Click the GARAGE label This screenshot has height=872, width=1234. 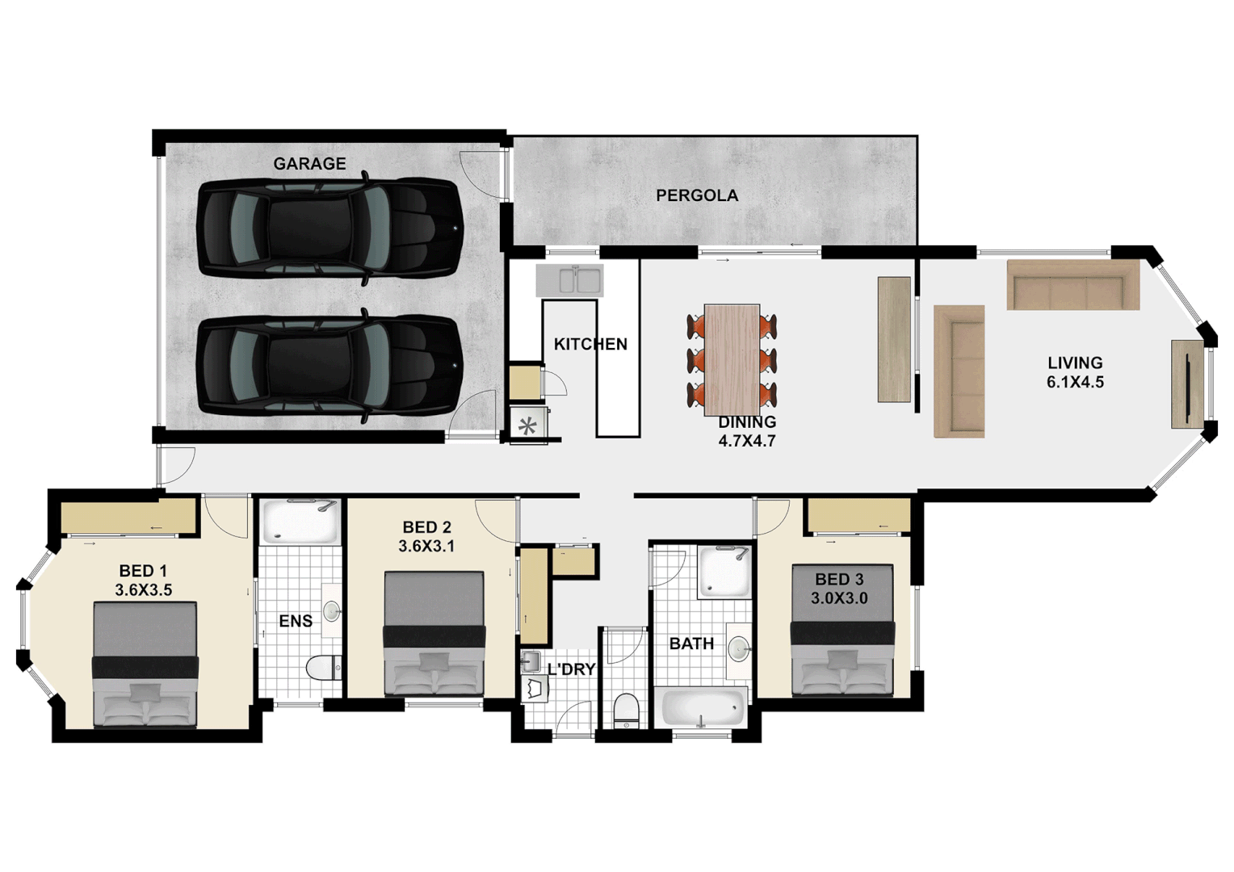(x=309, y=164)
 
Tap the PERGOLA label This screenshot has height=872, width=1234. (x=696, y=195)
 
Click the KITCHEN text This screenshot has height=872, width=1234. (x=590, y=344)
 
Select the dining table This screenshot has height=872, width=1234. (x=732, y=358)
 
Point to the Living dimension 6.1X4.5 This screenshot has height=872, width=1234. (x=1075, y=383)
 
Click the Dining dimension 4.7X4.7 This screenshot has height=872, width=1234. (x=747, y=442)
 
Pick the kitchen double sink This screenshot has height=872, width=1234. (x=569, y=280)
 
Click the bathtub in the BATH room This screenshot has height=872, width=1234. (x=702, y=708)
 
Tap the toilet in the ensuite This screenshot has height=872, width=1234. (x=323, y=669)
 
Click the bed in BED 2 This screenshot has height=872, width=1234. (x=434, y=633)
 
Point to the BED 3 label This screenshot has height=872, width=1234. (x=839, y=580)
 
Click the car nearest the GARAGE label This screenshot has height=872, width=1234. (x=330, y=228)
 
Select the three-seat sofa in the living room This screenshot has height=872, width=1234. (x=1072, y=285)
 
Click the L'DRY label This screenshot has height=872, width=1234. (x=571, y=669)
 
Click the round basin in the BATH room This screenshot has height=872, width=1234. (x=738, y=648)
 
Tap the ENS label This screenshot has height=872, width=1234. (x=296, y=621)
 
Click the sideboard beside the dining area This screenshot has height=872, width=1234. (x=894, y=339)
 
